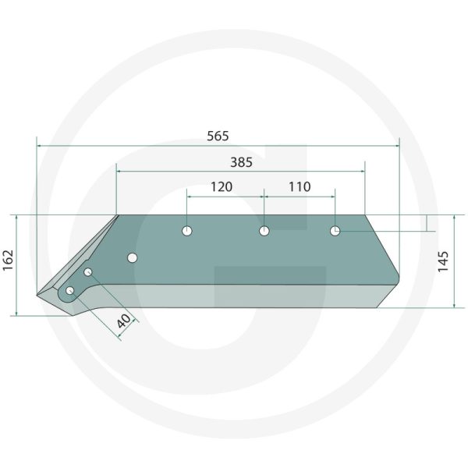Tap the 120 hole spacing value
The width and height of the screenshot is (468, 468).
click(x=222, y=187)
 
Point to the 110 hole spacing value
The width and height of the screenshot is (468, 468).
click(x=299, y=187)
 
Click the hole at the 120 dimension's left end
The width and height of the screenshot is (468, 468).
click(x=187, y=231)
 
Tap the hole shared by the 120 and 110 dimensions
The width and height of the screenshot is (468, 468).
click(x=264, y=231)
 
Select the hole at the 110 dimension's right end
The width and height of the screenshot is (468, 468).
click(x=335, y=231)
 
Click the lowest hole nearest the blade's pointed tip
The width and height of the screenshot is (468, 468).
click(x=70, y=291)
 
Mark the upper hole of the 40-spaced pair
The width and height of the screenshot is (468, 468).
click(x=89, y=271)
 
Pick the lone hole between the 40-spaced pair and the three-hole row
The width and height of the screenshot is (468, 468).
click(x=133, y=257)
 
